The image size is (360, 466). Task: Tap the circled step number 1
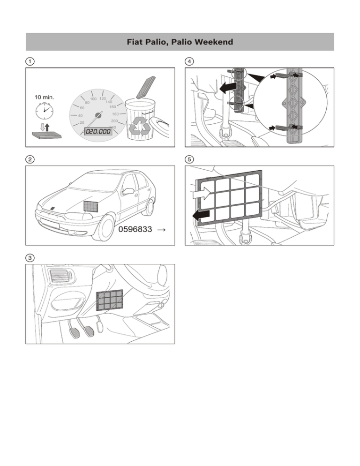[x=30, y=61]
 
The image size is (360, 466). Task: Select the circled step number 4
[x=189, y=61]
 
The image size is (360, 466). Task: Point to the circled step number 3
[x=30, y=257]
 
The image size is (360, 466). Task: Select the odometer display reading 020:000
[x=98, y=132]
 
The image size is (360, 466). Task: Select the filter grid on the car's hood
[x=92, y=205]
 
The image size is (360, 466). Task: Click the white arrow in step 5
[x=201, y=194]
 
